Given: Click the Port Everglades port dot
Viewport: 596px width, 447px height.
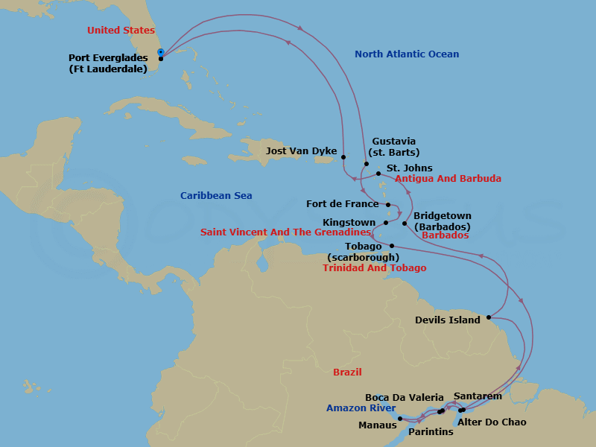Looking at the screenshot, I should click(161, 58).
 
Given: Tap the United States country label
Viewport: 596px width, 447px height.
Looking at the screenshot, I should click(121, 31).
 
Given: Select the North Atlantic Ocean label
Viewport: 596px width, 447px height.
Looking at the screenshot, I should click(407, 54).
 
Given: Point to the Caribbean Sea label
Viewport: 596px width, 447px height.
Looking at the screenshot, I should click(216, 196).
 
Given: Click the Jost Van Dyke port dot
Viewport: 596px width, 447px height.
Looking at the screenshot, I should click(343, 156).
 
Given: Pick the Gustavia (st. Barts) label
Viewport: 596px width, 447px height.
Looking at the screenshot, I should click(393, 147).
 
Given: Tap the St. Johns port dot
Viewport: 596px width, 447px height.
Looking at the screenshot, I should click(378, 174).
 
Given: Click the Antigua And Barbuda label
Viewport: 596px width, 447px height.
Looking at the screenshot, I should click(448, 179).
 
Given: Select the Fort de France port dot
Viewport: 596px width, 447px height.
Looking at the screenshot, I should click(389, 204).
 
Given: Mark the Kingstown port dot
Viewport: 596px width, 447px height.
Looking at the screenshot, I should click(386, 222).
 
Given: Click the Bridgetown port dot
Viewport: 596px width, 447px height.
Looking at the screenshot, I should click(405, 223).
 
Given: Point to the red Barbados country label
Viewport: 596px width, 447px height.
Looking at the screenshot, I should click(445, 235).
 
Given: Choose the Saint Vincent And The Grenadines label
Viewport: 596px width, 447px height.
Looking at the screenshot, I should click(285, 232).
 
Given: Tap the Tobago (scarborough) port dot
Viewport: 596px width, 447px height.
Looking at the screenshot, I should click(392, 246).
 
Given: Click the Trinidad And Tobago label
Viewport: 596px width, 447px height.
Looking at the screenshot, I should click(375, 268).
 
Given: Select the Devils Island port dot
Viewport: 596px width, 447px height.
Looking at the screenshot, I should click(489, 317).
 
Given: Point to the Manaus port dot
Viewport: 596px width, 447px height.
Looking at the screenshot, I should click(400, 419).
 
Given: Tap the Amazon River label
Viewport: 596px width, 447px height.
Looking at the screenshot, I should click(361, 408).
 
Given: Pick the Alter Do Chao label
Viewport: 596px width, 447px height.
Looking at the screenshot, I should click(492, 422).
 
